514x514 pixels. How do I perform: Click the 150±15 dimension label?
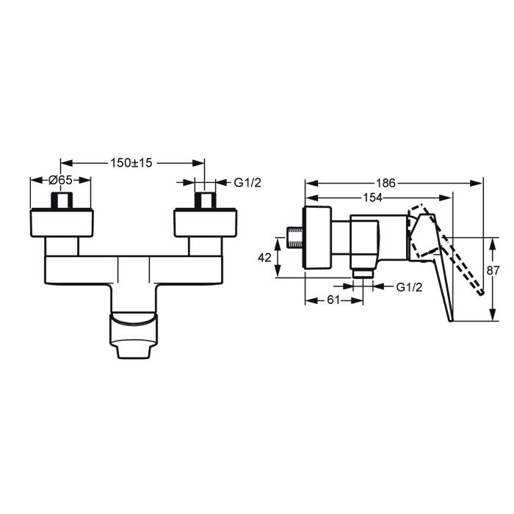pos(131,162)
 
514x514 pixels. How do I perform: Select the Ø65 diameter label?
pos(60,180)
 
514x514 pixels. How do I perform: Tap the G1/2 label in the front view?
pos(247,183)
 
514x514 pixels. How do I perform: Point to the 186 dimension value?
pos(385,183)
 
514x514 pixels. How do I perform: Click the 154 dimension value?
pos(373,198)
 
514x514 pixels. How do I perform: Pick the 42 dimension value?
pos(264,258)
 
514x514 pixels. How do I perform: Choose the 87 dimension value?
pos(493,270)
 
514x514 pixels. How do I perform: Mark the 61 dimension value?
pos(333,300)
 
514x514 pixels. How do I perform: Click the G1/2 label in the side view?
pos(410,287)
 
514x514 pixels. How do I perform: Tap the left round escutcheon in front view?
pos(62,222)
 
